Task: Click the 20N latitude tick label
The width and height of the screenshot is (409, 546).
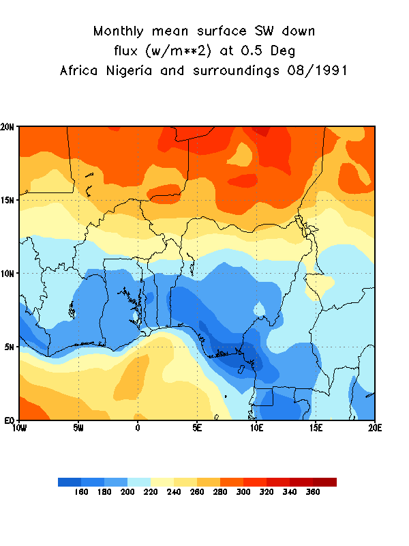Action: [10, 127]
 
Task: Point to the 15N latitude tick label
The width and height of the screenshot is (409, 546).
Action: [10, 200]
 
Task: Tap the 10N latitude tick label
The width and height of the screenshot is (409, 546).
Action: [10, 273]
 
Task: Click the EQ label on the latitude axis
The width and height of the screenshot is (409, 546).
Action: [10, 420]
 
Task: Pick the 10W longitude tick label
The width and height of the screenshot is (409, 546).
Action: [19, 428]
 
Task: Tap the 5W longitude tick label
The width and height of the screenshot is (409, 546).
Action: [78, 428]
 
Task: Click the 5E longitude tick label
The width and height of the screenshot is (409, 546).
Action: [196, 428]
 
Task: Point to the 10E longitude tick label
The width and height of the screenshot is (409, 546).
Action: [256, 428]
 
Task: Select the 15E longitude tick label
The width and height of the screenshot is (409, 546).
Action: [315, 428]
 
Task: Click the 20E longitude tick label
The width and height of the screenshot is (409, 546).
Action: [374, 428]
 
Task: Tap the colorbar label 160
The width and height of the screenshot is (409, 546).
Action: [81, 492]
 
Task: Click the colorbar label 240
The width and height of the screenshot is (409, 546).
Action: [174, 492]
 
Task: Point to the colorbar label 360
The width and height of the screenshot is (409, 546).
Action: [313, 492]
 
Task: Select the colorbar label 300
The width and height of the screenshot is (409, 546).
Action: [243, 492]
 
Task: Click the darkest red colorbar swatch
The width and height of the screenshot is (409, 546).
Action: [324, 482]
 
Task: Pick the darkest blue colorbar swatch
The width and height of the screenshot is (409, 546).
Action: [70, 482]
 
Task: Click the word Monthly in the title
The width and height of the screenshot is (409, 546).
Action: [121, 31]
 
